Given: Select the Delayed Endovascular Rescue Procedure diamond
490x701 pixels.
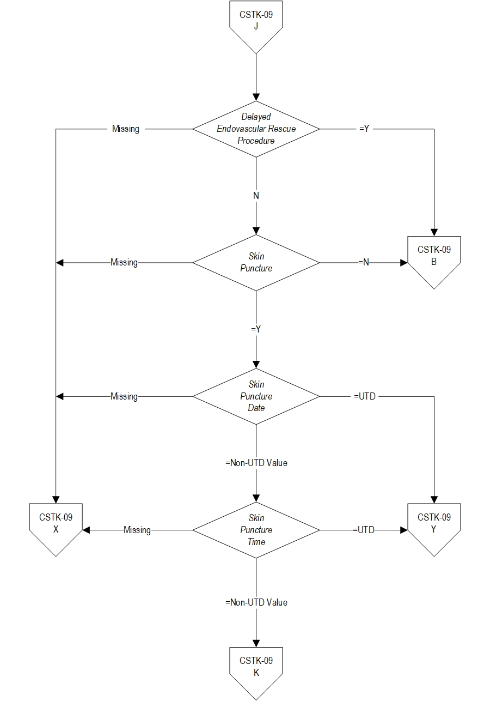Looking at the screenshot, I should [256, 129].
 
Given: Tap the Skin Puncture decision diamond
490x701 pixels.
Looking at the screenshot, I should [256, 263].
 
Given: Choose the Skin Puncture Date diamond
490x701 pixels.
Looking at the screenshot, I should [256, 396].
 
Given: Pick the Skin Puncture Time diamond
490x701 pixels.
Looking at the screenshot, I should [256, 530].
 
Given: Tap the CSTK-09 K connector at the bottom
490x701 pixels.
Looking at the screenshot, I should [256, 668].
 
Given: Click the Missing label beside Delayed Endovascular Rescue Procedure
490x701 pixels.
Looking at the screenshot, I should [126, 129].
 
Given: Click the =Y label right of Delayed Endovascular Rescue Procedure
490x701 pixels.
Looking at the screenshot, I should [365, 129].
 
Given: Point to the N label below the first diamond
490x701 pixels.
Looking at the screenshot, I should [256, 196].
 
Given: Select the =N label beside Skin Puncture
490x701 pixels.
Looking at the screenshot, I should [364, 263].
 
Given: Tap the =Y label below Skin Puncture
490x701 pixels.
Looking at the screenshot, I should [256, 329].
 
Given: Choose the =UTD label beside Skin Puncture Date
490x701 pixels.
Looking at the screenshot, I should [364, 396].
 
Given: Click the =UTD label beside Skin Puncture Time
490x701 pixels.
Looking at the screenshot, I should [364, 530].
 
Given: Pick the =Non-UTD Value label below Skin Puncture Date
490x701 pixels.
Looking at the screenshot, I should [256, 463].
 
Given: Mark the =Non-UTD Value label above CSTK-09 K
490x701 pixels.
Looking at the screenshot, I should [256, 603].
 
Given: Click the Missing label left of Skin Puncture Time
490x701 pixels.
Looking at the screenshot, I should [137, 530].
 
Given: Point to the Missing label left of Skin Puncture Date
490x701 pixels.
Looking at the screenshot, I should [124, 396].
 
